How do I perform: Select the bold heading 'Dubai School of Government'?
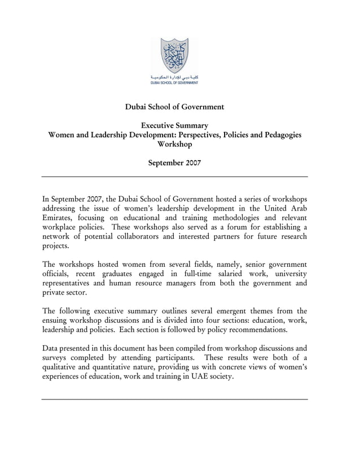click(174, 107)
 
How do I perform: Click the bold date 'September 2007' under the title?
click(174, 163)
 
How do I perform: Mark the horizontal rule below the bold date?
click(174, 177)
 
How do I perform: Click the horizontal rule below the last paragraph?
click(174, 399)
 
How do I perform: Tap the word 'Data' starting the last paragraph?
click(51, 348)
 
